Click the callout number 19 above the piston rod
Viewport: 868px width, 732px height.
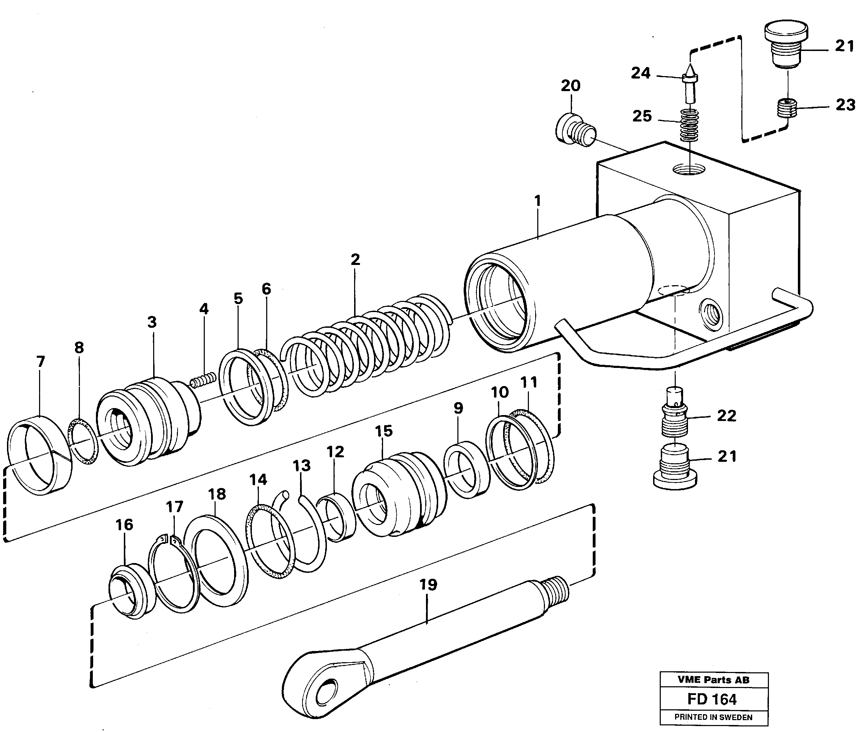tap(428, 585)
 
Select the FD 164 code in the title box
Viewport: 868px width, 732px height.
tap(712, 700)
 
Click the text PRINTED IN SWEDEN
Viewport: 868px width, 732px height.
tap(713, 717)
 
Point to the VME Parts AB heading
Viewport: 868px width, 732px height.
tap(713, 680)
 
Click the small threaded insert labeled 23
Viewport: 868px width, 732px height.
tap(787, 108)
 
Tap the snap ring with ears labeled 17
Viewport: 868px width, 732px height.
tap(174, 575)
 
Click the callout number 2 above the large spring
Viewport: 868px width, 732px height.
tap(355, 260)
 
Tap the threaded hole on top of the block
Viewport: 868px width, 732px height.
tap(689, 169)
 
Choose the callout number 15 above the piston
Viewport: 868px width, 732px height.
tap(384, 431)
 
